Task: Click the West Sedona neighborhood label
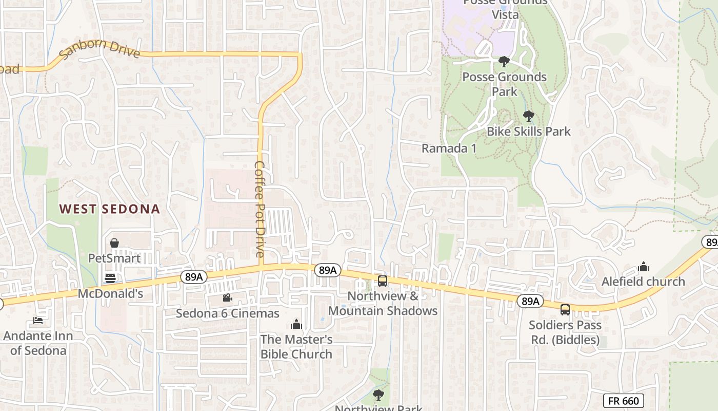[109, 209]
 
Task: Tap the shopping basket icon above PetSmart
[114, 243]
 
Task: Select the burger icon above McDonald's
[110, 278]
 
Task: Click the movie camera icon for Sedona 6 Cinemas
[227, 298]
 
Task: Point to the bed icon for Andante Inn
[38, 321]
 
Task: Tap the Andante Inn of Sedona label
[38, 343]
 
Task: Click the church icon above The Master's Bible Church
[296, 324]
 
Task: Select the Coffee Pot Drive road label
[260, 210]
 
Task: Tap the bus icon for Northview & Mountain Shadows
[383, 281]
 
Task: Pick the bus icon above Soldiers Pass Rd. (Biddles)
[565, 310]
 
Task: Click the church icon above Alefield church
[643, 267]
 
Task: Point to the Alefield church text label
[643, 282]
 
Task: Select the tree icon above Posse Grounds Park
[504, 62]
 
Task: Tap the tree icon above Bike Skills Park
[528, 116]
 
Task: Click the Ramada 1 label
[449, 148]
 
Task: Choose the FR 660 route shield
[623, 401]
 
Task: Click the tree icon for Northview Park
[378, 395]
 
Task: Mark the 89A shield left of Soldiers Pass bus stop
[530, 301]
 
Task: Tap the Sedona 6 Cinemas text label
[228, 313]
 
